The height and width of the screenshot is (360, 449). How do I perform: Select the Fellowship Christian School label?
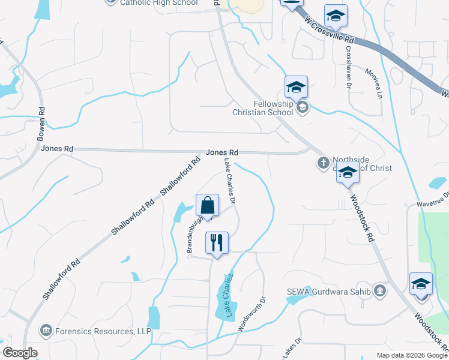[264, 107]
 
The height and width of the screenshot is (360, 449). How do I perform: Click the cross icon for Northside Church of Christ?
[322, 162]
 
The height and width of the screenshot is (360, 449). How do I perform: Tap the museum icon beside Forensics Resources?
[46, 330]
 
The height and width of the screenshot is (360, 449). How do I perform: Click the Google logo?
[20, 353]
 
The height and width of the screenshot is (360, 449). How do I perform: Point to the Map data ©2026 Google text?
[412, 355]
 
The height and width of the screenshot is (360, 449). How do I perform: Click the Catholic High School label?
[158, 3]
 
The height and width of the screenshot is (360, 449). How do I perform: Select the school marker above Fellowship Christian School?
[296, 88]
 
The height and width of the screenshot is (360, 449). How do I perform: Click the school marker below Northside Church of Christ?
[348, 173]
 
